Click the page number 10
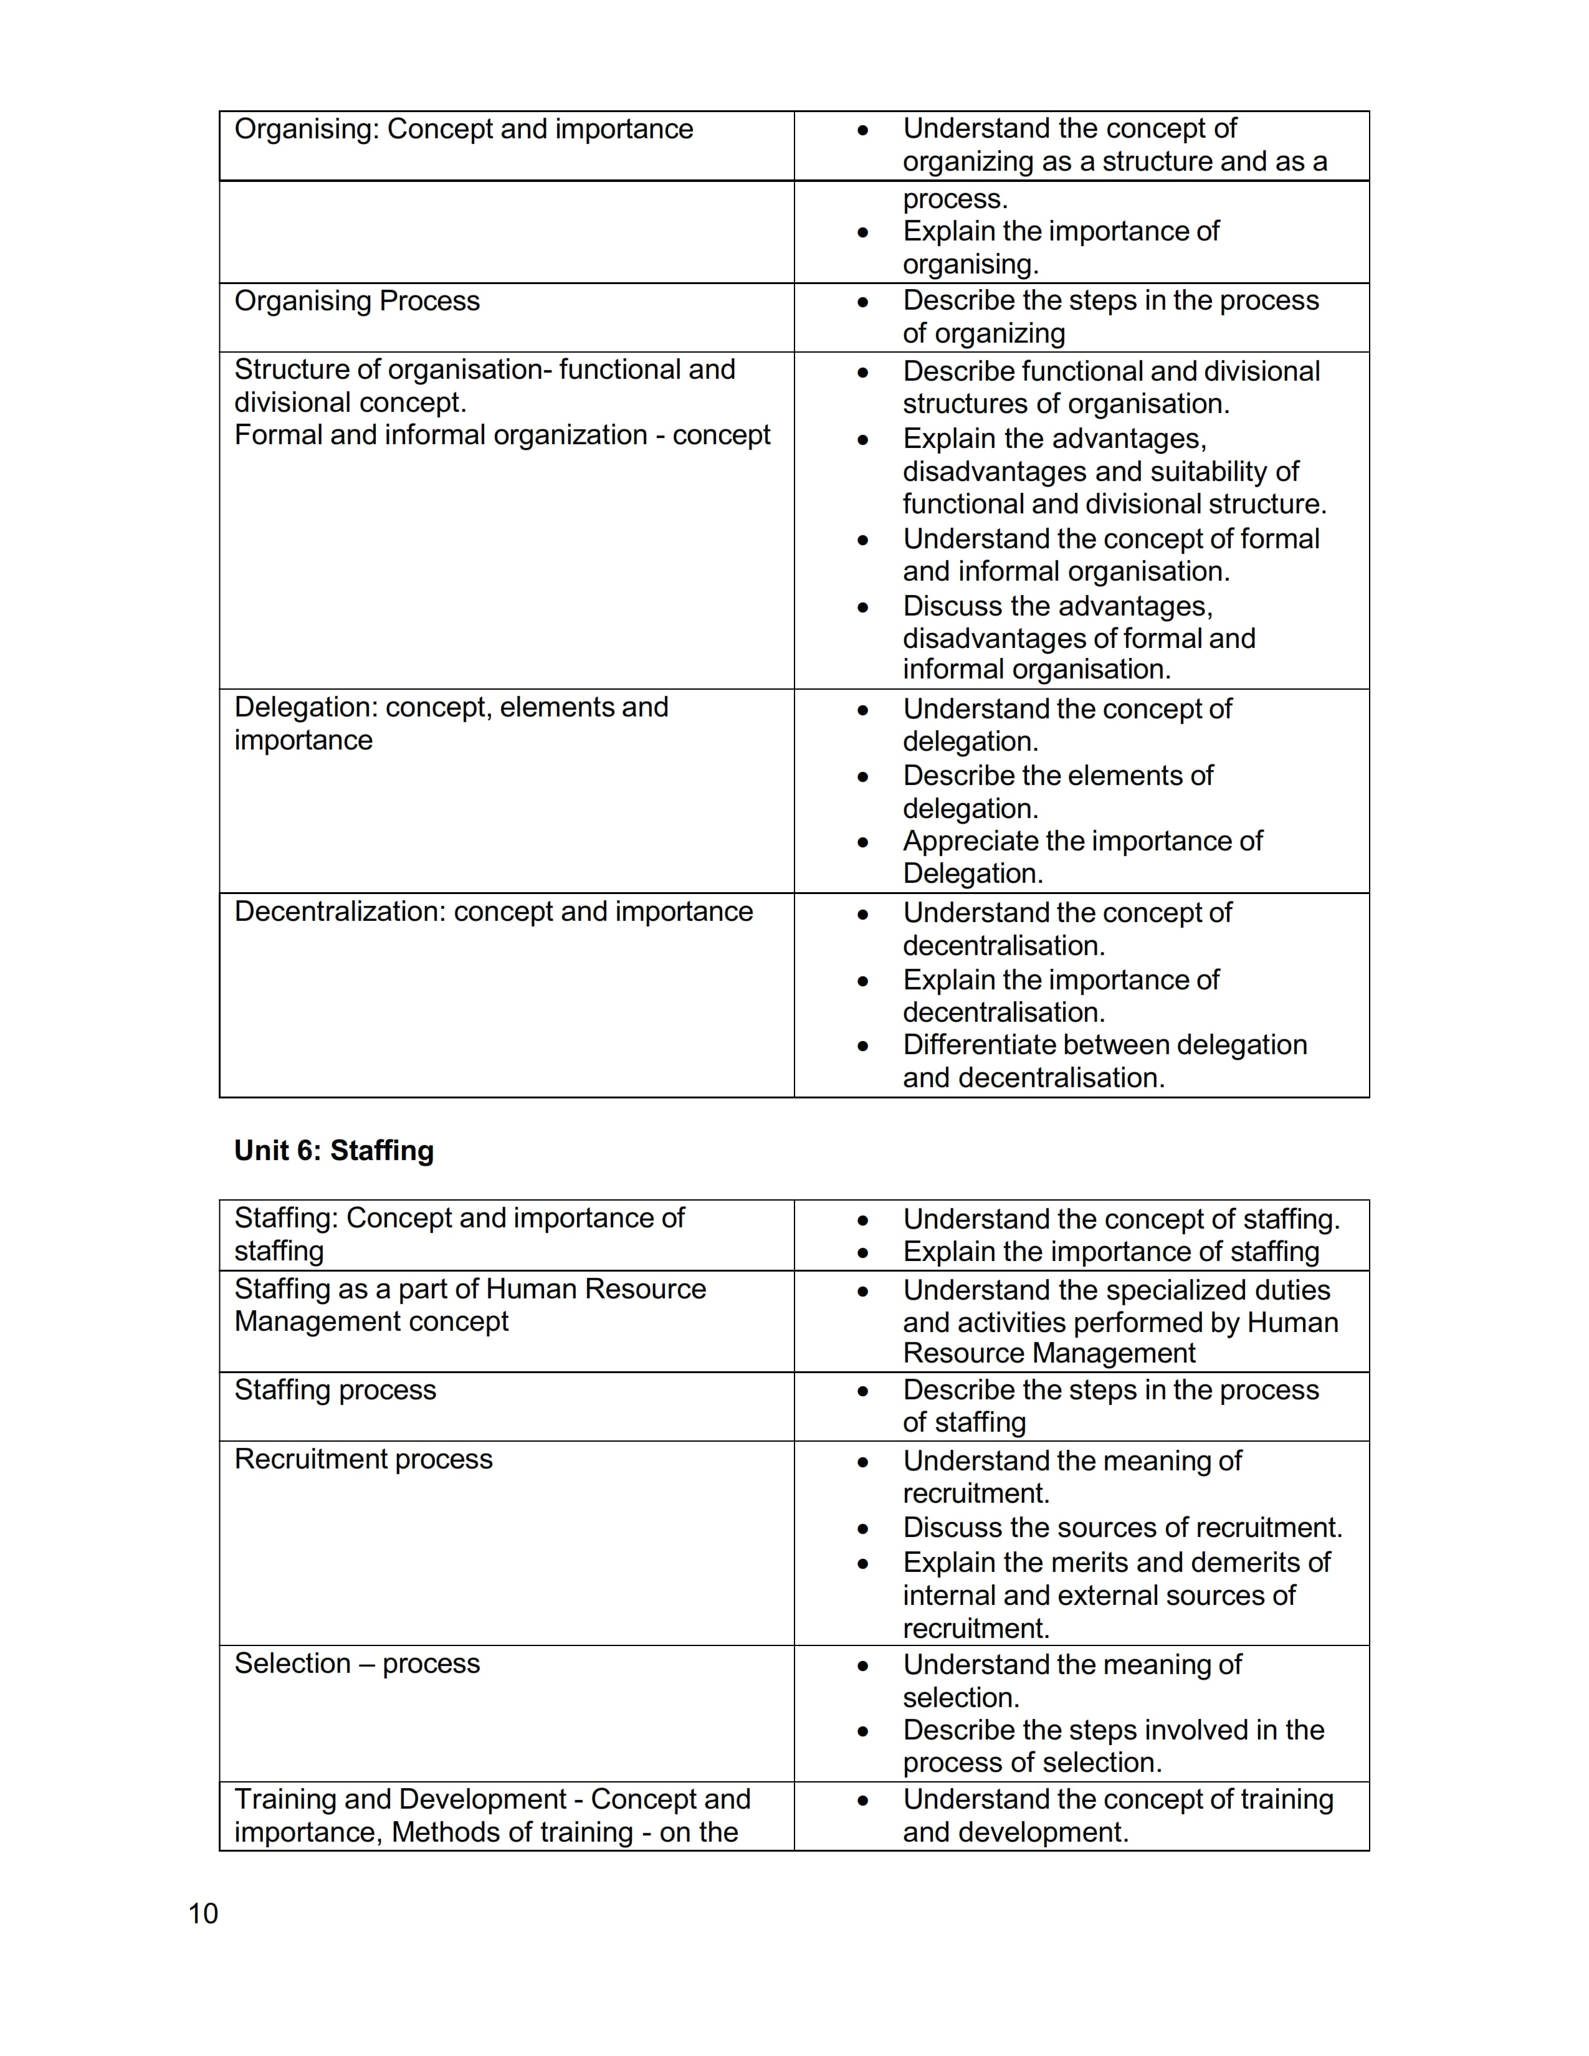tap(203, 1913)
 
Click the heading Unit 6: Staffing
tap(334, 1150)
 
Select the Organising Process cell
tap(357, 302)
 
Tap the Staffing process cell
tap(335, 1391)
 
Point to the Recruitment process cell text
tap(363, 1459)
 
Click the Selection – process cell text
tap(357, 1663)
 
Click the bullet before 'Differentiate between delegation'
tap(863, 1046)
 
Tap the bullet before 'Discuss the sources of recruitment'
tap(863, 1529)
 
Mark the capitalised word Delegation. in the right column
tap(973, 873)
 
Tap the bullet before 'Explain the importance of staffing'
tap(863, 1253)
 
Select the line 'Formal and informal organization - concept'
tap(502, 435)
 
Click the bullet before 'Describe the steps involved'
tap(863, 1731)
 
